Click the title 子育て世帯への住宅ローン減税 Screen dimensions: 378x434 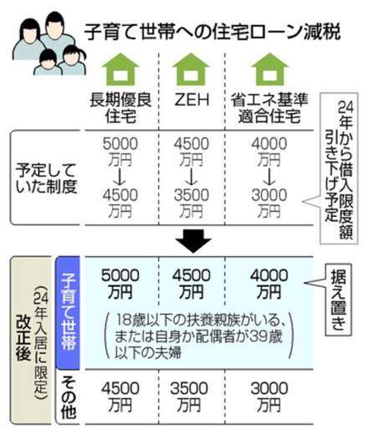(x=212, y=33)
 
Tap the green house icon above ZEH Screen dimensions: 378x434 (x=191, y=69)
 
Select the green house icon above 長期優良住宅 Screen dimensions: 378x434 (x=120, y=69)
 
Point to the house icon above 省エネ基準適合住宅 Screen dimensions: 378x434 (x=269, y=69)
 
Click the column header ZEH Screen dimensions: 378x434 (x=192, y=99)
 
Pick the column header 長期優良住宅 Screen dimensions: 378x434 (x=120, y=108)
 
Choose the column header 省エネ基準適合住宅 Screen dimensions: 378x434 (x=269, y=108)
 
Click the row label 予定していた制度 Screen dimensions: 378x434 (x=46, y=178)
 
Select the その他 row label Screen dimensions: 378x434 (x=69, y=397)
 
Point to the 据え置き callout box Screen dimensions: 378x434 (x=338, y=300)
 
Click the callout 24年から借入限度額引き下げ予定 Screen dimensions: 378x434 (x=339, y=169)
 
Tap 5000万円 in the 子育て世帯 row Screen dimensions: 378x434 (x=120, y=284)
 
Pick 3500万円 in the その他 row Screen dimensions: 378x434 (x=189, y=396)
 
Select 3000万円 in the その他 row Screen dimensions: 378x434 (x=269, y=396)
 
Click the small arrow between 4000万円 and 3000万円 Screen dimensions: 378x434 (x=269, y=178)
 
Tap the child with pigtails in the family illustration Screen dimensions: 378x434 (x=72, y=61)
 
